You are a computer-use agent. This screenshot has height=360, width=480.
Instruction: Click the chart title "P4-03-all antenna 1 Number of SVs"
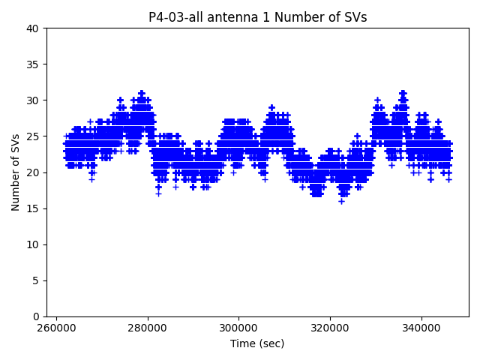click(257, 17)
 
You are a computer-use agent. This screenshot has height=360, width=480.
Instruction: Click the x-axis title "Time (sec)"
click(257, 343)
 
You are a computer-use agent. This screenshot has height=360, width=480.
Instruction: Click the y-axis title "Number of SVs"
click(16, 172)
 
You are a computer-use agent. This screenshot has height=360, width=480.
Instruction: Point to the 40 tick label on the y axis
click(33, 28)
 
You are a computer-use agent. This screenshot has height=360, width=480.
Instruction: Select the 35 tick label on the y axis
click(33, 64)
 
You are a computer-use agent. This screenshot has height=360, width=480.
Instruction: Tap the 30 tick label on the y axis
click(33, 100)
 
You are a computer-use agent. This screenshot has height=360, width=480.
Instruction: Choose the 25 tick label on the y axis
click(33, 136)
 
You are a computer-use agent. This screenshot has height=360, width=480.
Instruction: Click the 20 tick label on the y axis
click(33, 172)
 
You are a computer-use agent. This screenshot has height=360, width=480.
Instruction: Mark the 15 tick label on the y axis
click(33, 208)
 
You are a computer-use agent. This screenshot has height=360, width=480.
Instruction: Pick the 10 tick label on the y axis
click(33, 244)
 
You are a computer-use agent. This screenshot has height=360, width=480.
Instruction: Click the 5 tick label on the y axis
click(36, 280)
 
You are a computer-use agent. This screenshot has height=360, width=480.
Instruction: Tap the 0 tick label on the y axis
click(36, 316)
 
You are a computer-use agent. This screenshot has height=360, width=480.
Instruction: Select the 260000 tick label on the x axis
click(56, 328)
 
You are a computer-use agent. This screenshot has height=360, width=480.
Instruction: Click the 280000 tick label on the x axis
click(148, 328)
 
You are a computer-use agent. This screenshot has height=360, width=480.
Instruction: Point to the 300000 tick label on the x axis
click(239, 328)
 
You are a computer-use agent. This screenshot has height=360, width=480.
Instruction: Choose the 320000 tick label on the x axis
click(331, 328)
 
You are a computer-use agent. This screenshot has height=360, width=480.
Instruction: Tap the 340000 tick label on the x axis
click(421, 328)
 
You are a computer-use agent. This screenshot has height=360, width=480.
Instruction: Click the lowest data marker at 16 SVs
click(341, 201)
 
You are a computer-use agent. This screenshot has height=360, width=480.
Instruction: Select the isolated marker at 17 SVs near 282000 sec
click(158, 193)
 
